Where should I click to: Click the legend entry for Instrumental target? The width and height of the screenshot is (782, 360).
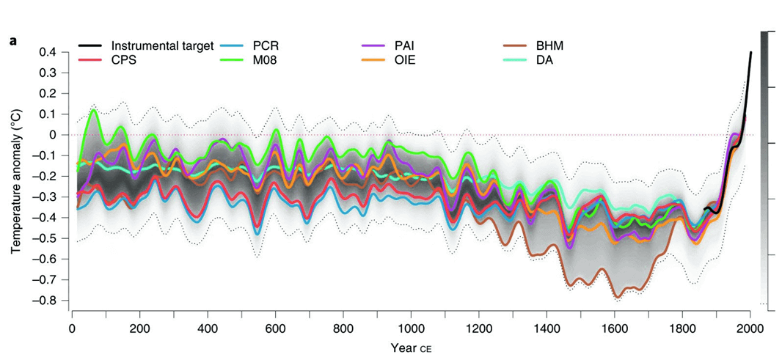pyautogui.click(x=161, y=45)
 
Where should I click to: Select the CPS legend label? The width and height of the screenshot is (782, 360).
pyautogui.click(x=123, y=60)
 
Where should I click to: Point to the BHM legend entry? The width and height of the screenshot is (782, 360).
pyautogui.click(x=549, y=45)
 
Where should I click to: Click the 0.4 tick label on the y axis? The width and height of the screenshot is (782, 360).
pyautogui.click(x=48, y=52)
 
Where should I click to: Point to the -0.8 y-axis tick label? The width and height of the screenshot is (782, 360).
pyautogui.click(x=46, y=301)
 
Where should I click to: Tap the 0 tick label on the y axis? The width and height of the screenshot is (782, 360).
pyautogui.click(x=53, y=135)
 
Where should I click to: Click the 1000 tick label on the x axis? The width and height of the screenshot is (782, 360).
pyautogui.click(x=410, y=327)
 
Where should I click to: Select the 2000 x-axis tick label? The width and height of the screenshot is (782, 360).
pyautogui.click(x=749, y=327)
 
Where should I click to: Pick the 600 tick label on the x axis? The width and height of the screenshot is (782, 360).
pyautogui.click(x=275, y=327)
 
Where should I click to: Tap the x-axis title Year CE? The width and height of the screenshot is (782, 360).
pyautogui.click(x=411, y=345)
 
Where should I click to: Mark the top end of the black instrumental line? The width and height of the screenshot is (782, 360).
pyautogui.click(x=750, y=52)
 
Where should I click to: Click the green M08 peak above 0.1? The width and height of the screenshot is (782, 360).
pyautogui.click(x=93, y=110)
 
